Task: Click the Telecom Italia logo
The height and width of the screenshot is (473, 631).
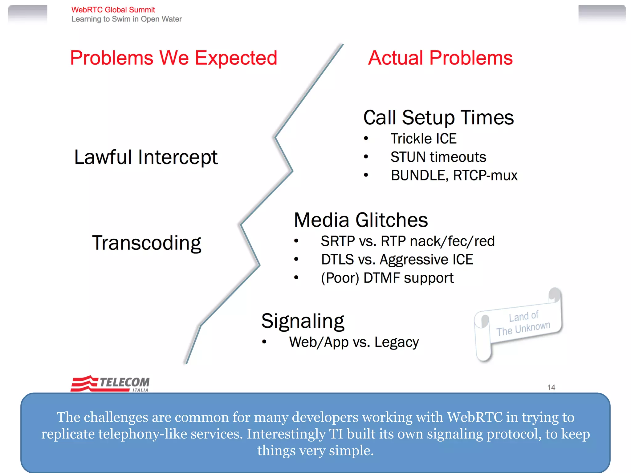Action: (110, 383)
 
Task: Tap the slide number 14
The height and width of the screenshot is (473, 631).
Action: (551, 387)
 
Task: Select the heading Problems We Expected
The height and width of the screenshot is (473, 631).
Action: (174, 58)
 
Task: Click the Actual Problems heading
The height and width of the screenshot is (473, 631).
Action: (440, 58)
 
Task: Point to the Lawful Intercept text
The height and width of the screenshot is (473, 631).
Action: (146, 157)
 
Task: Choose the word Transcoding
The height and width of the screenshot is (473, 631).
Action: (147, 243)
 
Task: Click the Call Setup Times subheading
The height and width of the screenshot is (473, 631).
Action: (438, 118)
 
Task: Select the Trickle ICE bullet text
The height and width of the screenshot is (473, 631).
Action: (423, 139)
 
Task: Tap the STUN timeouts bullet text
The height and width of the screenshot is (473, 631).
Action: (438, 157)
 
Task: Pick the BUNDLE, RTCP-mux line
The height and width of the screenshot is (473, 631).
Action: (454, 176)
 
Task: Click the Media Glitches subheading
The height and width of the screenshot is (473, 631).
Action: (361, 220)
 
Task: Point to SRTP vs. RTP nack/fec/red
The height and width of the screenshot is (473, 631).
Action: (407, 241)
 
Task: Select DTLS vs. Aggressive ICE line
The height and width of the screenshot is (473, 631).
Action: (397, 260)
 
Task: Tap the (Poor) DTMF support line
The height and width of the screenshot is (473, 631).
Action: (387, 278)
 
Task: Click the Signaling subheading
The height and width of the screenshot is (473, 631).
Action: (303, 321)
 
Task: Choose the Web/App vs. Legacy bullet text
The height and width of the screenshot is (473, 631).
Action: (354, 342)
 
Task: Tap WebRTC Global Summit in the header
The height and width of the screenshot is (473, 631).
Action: (113, 10)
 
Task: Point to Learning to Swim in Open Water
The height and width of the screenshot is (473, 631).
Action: (126, 19)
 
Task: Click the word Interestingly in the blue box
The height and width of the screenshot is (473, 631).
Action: (286, 434)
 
